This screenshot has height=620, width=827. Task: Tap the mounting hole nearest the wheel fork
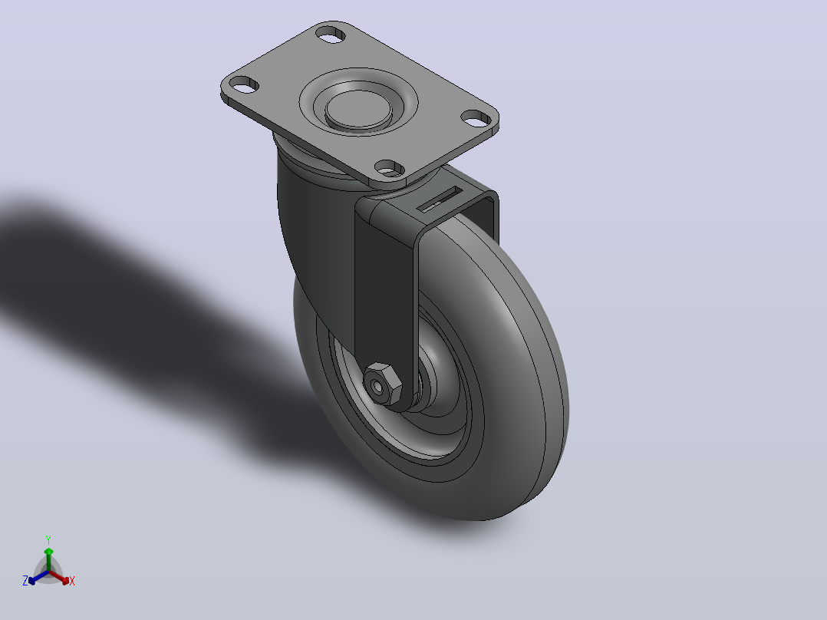(x=389, y=168)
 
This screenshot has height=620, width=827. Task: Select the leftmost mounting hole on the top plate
(x=244, y=84)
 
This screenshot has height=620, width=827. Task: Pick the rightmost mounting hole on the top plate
(x=476, y=118)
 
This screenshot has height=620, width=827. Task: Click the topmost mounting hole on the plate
(x=330, y=35)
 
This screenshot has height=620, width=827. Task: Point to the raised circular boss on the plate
(x=359, y=109)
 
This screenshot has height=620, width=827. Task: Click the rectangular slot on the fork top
(x=440, y=199)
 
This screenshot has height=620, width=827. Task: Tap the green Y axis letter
(x=48, y=539)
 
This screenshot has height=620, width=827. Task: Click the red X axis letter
(x=72, y=581)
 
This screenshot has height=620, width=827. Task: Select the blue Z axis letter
(x=25, y=581)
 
